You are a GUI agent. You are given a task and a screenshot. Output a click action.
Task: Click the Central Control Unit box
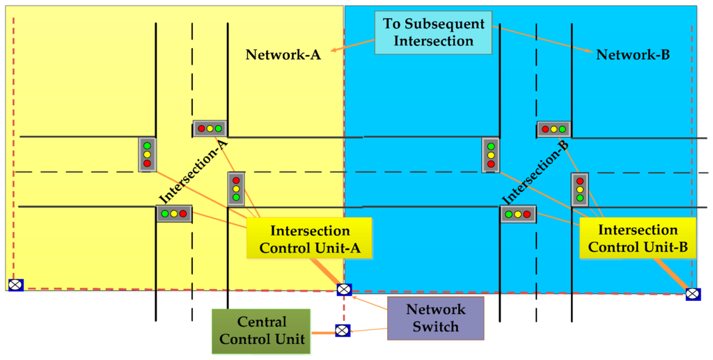pos(262,331)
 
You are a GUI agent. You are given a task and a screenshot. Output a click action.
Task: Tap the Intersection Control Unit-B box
pos(638,238)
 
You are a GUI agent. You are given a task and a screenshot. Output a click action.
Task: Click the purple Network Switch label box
pos(435,318)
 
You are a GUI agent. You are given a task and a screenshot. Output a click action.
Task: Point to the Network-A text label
pos(283,55)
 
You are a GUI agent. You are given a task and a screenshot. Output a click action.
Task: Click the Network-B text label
pos(633,55)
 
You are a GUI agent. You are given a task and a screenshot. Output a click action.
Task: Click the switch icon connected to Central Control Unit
pos(342,331)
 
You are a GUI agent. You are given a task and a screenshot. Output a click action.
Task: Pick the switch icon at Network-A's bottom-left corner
pos(15,284)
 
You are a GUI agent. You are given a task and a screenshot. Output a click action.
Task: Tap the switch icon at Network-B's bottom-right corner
pos(692,294)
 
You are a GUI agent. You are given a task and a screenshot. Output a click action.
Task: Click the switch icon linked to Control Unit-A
pos(343,290)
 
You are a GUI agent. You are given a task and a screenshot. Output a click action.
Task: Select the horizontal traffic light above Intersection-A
pos(210,129)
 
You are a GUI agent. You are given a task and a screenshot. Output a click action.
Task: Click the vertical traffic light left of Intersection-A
pos(147,155)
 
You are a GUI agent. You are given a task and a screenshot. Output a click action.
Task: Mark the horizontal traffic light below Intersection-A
pos(174,214)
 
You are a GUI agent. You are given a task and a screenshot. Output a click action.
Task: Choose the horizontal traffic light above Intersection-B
pos(554,129)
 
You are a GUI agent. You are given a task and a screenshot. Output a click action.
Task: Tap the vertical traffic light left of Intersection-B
pos(491,155)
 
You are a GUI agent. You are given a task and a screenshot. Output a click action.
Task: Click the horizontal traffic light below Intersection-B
pos(518,214)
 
